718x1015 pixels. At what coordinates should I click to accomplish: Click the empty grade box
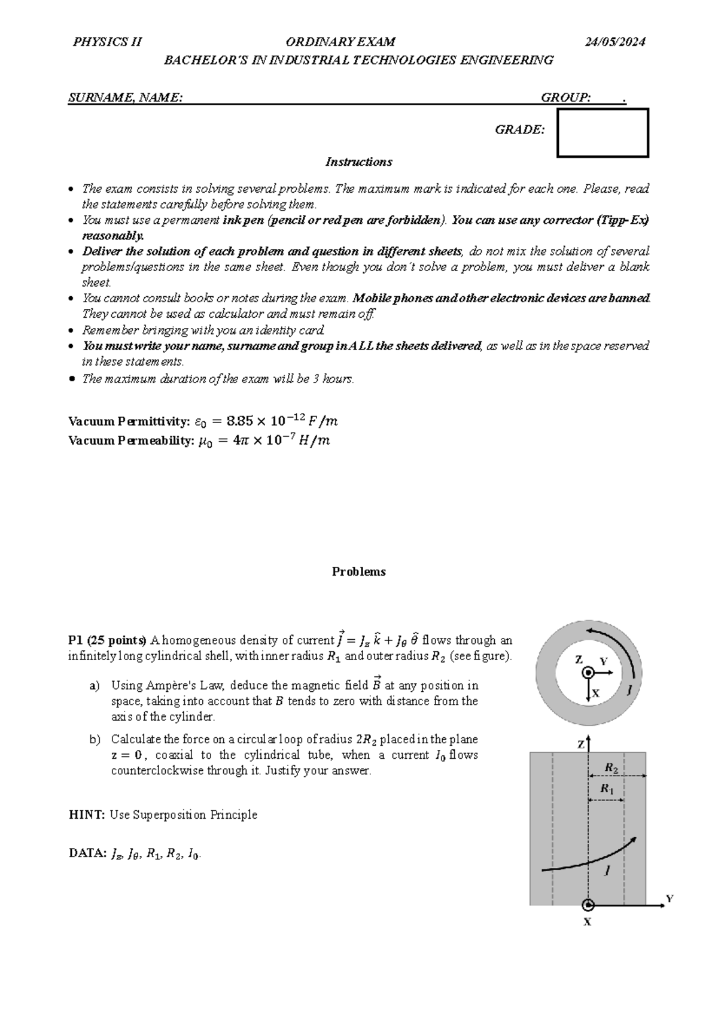[x=603, y=133]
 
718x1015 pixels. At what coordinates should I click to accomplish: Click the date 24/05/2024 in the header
[x=615, y=42]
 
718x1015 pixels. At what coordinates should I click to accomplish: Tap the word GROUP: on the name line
[x=565, y=98]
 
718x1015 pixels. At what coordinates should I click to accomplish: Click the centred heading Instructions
[x=358, y=162]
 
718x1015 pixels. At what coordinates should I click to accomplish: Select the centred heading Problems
[x=358, y=572]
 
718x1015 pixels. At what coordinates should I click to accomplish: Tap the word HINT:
[x=87, y=815]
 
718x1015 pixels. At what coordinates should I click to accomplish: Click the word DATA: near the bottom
[x=87, y=853]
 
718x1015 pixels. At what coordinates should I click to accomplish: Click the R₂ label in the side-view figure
[x=611, y=767]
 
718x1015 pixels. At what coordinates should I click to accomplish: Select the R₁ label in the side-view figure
[x=607, y=789]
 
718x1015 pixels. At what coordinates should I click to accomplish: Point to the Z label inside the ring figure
[x=579, y=660]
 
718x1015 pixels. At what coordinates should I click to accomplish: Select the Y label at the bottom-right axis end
[x=670, y=898]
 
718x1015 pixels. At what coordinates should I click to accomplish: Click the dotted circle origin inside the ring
[x=589, y=673]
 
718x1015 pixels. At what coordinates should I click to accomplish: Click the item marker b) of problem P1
[x=95, y=740]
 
